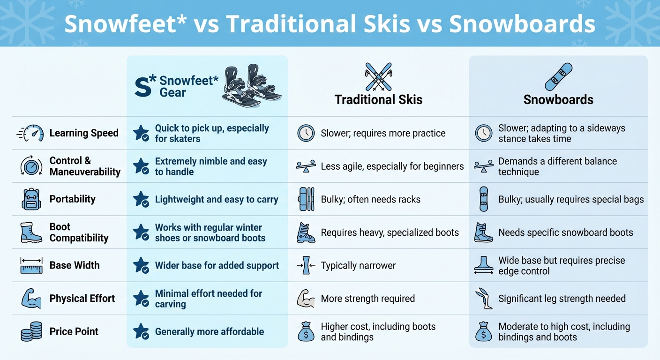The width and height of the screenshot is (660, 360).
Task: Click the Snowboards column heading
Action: click(x=558, y=100)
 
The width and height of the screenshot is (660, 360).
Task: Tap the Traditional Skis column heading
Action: click(x=378, y=100)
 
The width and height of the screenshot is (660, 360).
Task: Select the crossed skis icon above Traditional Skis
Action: click(x=378, y=76)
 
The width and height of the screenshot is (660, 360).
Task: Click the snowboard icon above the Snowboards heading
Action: click(x=558, y=76)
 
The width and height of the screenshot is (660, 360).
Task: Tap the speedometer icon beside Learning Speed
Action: click(x=31, y=133)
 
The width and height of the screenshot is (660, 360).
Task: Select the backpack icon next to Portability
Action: click(x=31, y=199)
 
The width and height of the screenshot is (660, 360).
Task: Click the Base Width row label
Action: click(x=75, y=265)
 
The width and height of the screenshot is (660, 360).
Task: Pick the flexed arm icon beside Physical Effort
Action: click(x=31, y=299)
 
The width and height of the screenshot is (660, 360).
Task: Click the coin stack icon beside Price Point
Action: click(x=31, y=332)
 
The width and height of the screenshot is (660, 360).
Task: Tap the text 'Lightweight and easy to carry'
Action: click(x=217, y=199)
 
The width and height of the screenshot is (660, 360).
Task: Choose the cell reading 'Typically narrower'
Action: click(x=358, y=266)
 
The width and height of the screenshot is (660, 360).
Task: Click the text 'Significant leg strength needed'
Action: click(x=562, y=299)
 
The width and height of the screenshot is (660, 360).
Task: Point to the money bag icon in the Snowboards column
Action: click(x=483, y=332)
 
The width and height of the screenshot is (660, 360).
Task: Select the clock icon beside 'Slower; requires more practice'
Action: click(x=306, y=133)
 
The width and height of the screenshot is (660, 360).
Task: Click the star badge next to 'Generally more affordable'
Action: click(x=141, y=331)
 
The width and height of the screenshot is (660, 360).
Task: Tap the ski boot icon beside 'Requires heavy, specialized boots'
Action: click(x=306, y=232)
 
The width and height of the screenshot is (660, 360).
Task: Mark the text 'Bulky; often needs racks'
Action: click(x=370, y=199)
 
